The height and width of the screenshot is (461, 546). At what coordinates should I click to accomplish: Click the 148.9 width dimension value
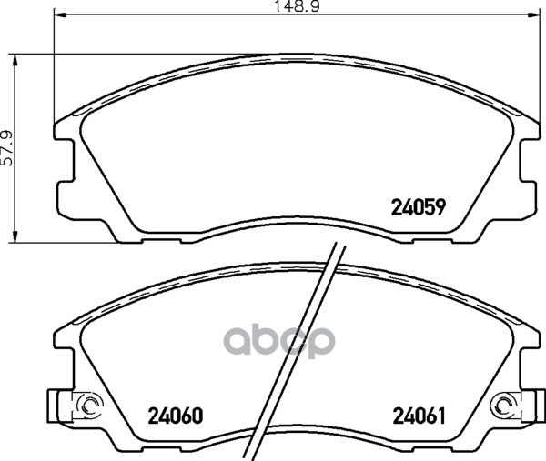[297, 6]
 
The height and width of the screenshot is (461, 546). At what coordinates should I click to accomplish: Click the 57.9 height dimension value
[6, 148]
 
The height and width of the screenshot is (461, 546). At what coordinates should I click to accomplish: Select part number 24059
[419, 207]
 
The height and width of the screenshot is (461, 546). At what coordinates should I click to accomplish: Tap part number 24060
[175, 416]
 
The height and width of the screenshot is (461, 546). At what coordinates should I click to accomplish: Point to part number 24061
[420, 416]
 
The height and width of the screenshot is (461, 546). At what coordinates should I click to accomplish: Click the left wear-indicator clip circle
[90, 405]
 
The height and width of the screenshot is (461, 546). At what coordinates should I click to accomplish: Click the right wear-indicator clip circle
[504, 405]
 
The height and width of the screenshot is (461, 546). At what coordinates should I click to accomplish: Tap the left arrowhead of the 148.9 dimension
[60, 15]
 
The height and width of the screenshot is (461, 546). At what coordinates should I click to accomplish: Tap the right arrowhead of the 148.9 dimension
[533, 15]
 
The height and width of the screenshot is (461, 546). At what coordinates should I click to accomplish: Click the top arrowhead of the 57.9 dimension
[15, 60]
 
